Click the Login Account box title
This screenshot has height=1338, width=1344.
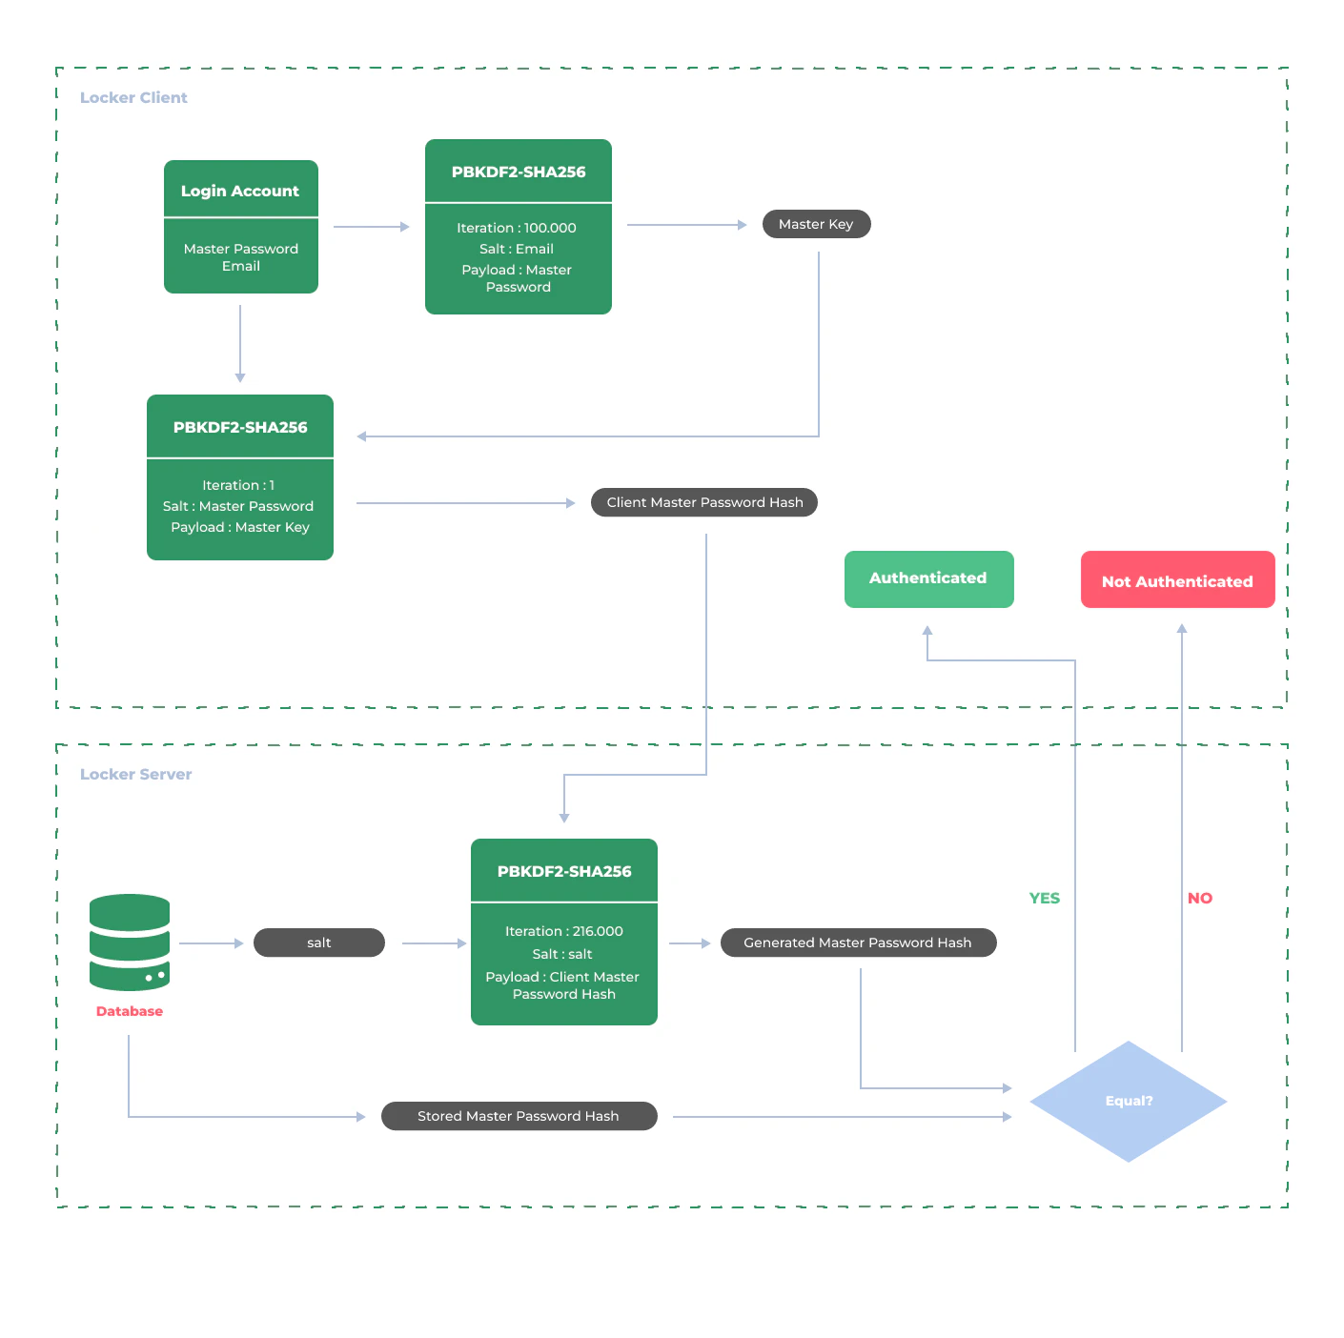tap(240, 191)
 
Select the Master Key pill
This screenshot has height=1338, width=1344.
tap(816, 224)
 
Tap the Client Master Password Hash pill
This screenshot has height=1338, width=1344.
tap(704, 502)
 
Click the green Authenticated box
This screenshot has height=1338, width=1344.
tap(928, 578)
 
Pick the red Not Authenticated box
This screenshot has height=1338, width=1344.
tap(1177, 580)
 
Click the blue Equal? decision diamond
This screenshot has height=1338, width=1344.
tap(1129, 1101)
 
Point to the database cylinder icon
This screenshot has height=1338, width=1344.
tap(130, 942)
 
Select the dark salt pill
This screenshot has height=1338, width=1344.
tap(319, 943)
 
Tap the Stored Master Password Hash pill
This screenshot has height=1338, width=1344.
tap(519, 1116)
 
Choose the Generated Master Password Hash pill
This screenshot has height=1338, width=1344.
tap(858, 943)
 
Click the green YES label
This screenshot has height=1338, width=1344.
tap(1045, 898)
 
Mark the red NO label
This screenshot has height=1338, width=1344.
tap(1199, 898)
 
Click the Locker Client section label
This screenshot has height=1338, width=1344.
tap(133, 97)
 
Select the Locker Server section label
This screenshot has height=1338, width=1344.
tap(135, 774)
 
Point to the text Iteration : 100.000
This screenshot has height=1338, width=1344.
tap(517, 228)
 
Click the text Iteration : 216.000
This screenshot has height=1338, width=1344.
tap(564, 931)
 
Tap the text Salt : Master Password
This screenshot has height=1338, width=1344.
tap(238, 506)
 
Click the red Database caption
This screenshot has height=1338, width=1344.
tap(130, 1011)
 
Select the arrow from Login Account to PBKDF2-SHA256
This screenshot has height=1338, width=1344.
tap(371, 227)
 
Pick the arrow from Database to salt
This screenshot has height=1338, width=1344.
tap(211, 943)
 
